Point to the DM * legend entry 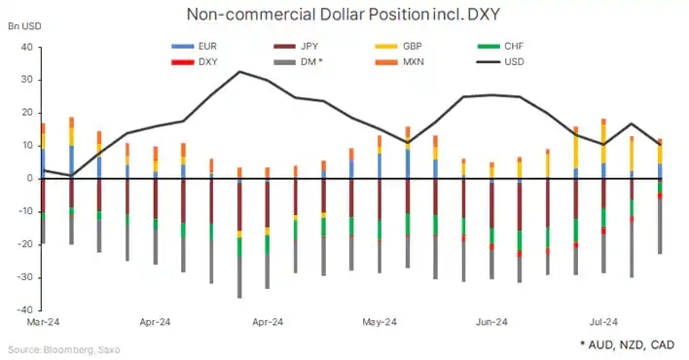302,61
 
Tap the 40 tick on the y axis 26,48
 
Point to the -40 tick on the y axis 23,310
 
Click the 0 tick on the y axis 29,179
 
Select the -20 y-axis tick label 23,245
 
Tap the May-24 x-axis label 379,322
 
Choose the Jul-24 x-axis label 603,322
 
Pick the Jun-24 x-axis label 491,322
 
